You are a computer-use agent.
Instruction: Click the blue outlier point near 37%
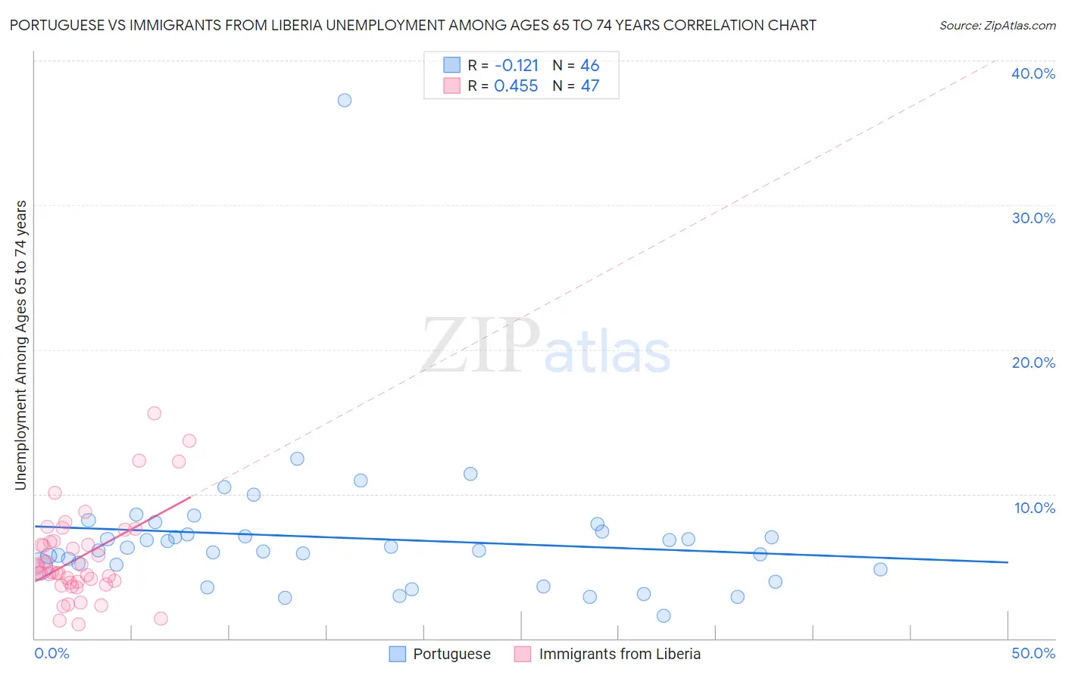345,100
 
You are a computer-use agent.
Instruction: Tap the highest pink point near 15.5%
155,413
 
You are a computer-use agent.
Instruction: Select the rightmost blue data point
880,570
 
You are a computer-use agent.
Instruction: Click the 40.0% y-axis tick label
1033,73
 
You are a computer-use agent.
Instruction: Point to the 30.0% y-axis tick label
1033,218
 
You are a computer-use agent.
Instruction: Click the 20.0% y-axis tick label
1033,362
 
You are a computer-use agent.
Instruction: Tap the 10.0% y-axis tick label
1035,508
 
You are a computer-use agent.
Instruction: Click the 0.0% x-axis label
52,653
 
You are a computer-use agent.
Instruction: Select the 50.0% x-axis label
1033,653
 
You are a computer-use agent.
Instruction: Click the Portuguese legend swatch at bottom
398,654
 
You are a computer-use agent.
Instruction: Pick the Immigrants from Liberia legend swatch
523,654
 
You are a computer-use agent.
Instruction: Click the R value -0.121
517,65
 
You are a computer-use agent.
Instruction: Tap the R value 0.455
516,86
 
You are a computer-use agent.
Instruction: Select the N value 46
590,65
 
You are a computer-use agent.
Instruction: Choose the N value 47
590,86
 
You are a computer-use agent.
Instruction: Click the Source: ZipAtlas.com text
997,26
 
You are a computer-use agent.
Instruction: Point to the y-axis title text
21,345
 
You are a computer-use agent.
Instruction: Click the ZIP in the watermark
480,347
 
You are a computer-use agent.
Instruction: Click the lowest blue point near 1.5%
664,616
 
